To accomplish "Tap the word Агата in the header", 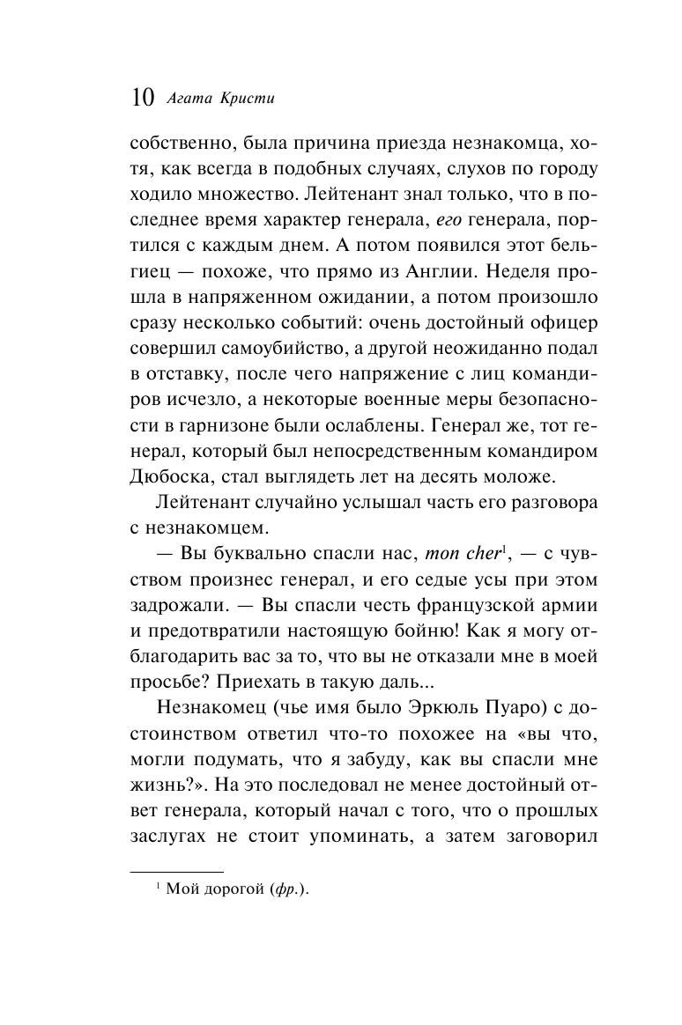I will pos(192,98).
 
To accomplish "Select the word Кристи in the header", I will pos(249,98).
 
